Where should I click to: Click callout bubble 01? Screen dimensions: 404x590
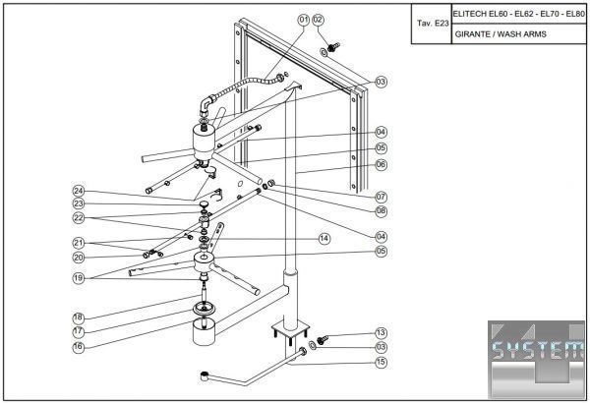coord(304,19)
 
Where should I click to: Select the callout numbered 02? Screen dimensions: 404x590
coord(318,19)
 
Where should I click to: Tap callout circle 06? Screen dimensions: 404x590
coord(381,165)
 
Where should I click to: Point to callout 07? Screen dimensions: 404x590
coord(381,197)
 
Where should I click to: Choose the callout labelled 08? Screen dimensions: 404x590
coord(381,211)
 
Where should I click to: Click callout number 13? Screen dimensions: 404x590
coord(381,333)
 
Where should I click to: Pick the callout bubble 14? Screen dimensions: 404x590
coord(324,238)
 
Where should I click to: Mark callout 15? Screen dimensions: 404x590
coord(381,363)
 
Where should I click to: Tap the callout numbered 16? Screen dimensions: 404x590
coord(78,347)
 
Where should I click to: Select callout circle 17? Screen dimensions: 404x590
coord(78,332)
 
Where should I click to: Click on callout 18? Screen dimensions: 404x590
coord(78,317)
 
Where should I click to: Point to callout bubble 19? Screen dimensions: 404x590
coord(78,278)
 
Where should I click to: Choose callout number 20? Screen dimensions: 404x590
coord(78,258)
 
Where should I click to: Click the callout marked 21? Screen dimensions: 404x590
coord(78,243)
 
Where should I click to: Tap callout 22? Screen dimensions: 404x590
coord(78,217)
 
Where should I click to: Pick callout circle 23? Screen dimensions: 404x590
coord(78,203)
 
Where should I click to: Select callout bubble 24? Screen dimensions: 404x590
coord(78,190)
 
